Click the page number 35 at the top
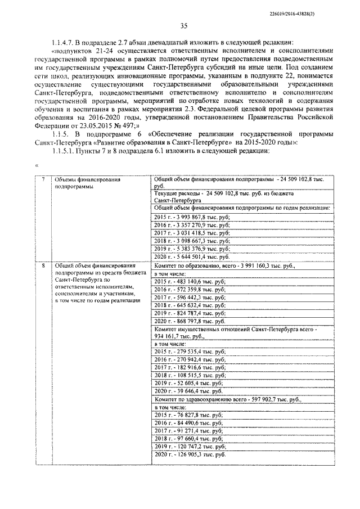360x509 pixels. pyautogui.click(x=183, y=25)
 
